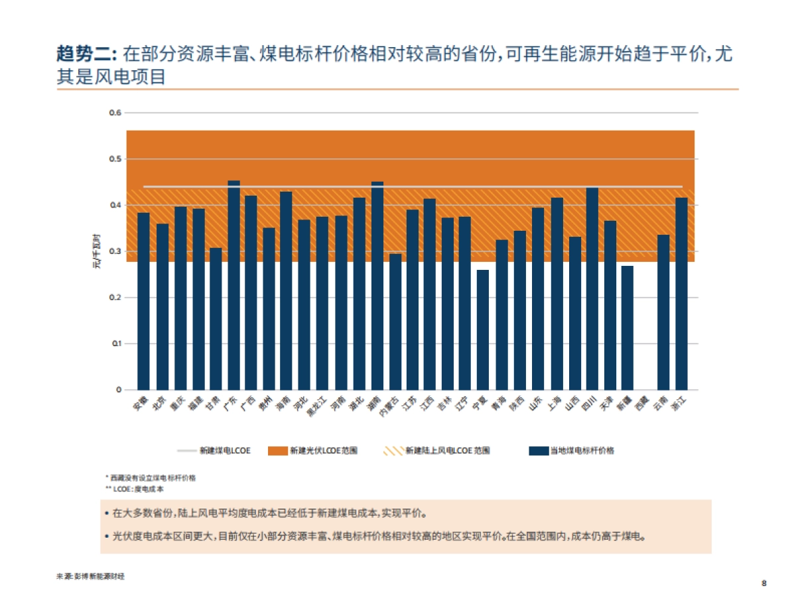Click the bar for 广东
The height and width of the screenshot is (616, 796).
click(x=233, y=285)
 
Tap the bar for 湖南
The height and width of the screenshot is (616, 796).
click(x=377, y=285)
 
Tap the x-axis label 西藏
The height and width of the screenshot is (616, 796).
click(x=641, y=403)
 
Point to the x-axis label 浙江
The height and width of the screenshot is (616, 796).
click(x=679, y=403)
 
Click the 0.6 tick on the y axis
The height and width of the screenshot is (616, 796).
click(x=115, y=113)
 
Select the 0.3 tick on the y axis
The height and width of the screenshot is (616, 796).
click(x=115, y=251)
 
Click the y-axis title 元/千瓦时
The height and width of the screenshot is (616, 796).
click(x=98, y=251)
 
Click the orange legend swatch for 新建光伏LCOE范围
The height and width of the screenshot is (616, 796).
click(x=277, y=451)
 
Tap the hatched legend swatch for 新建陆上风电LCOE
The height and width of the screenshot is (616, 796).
click(x=393, y=451)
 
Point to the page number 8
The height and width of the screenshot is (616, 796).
click(x=763, y=584)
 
